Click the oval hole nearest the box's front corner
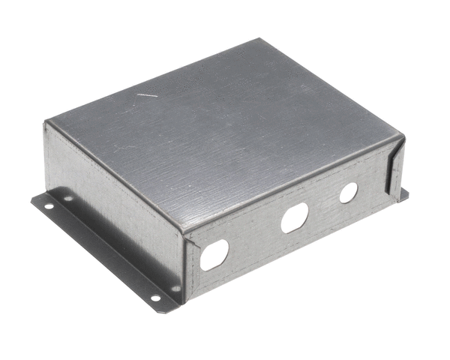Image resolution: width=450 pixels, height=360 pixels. tap(214, 254)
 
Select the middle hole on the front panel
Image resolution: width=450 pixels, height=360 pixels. tap(294, 218)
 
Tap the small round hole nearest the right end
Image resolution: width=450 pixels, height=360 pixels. tap(348, 193)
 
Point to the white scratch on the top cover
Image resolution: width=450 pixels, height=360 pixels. tap(147, 95)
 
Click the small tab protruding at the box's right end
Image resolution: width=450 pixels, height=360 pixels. tap(403, 194)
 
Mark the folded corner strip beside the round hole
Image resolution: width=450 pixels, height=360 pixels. tap(394, 169)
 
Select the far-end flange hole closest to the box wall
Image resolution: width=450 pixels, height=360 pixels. tap(68, 199)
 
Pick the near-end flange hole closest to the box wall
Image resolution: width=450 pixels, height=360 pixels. tap(175, 288)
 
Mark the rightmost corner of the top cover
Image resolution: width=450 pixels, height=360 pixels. tap(403, 137)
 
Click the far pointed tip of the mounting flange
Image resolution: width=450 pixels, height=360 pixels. tap(31, 199)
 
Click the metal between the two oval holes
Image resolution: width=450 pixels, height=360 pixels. tap(255, 236)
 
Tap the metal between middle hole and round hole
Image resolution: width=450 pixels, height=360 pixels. tap(322, 205)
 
